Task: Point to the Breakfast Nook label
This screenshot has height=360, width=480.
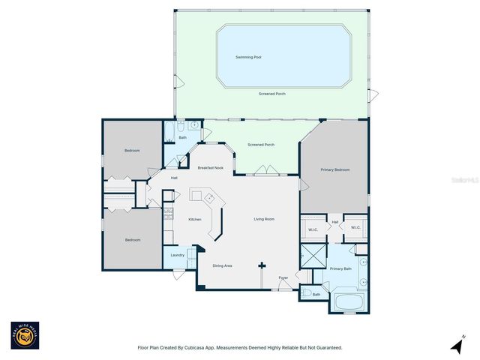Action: coord(210,167)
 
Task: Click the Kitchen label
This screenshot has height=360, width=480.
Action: coord(195,219)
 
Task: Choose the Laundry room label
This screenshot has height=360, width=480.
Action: coord(178,255)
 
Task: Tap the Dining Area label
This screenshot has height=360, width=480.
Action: coord(222,265)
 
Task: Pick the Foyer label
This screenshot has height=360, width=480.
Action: coord(283,277)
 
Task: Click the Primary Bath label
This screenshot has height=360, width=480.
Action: coord(340,268)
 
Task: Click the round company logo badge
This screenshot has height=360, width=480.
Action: coord(24,336)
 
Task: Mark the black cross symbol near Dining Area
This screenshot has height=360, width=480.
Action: coord(262,265)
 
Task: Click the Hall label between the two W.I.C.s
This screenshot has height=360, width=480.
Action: coord(335,222)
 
